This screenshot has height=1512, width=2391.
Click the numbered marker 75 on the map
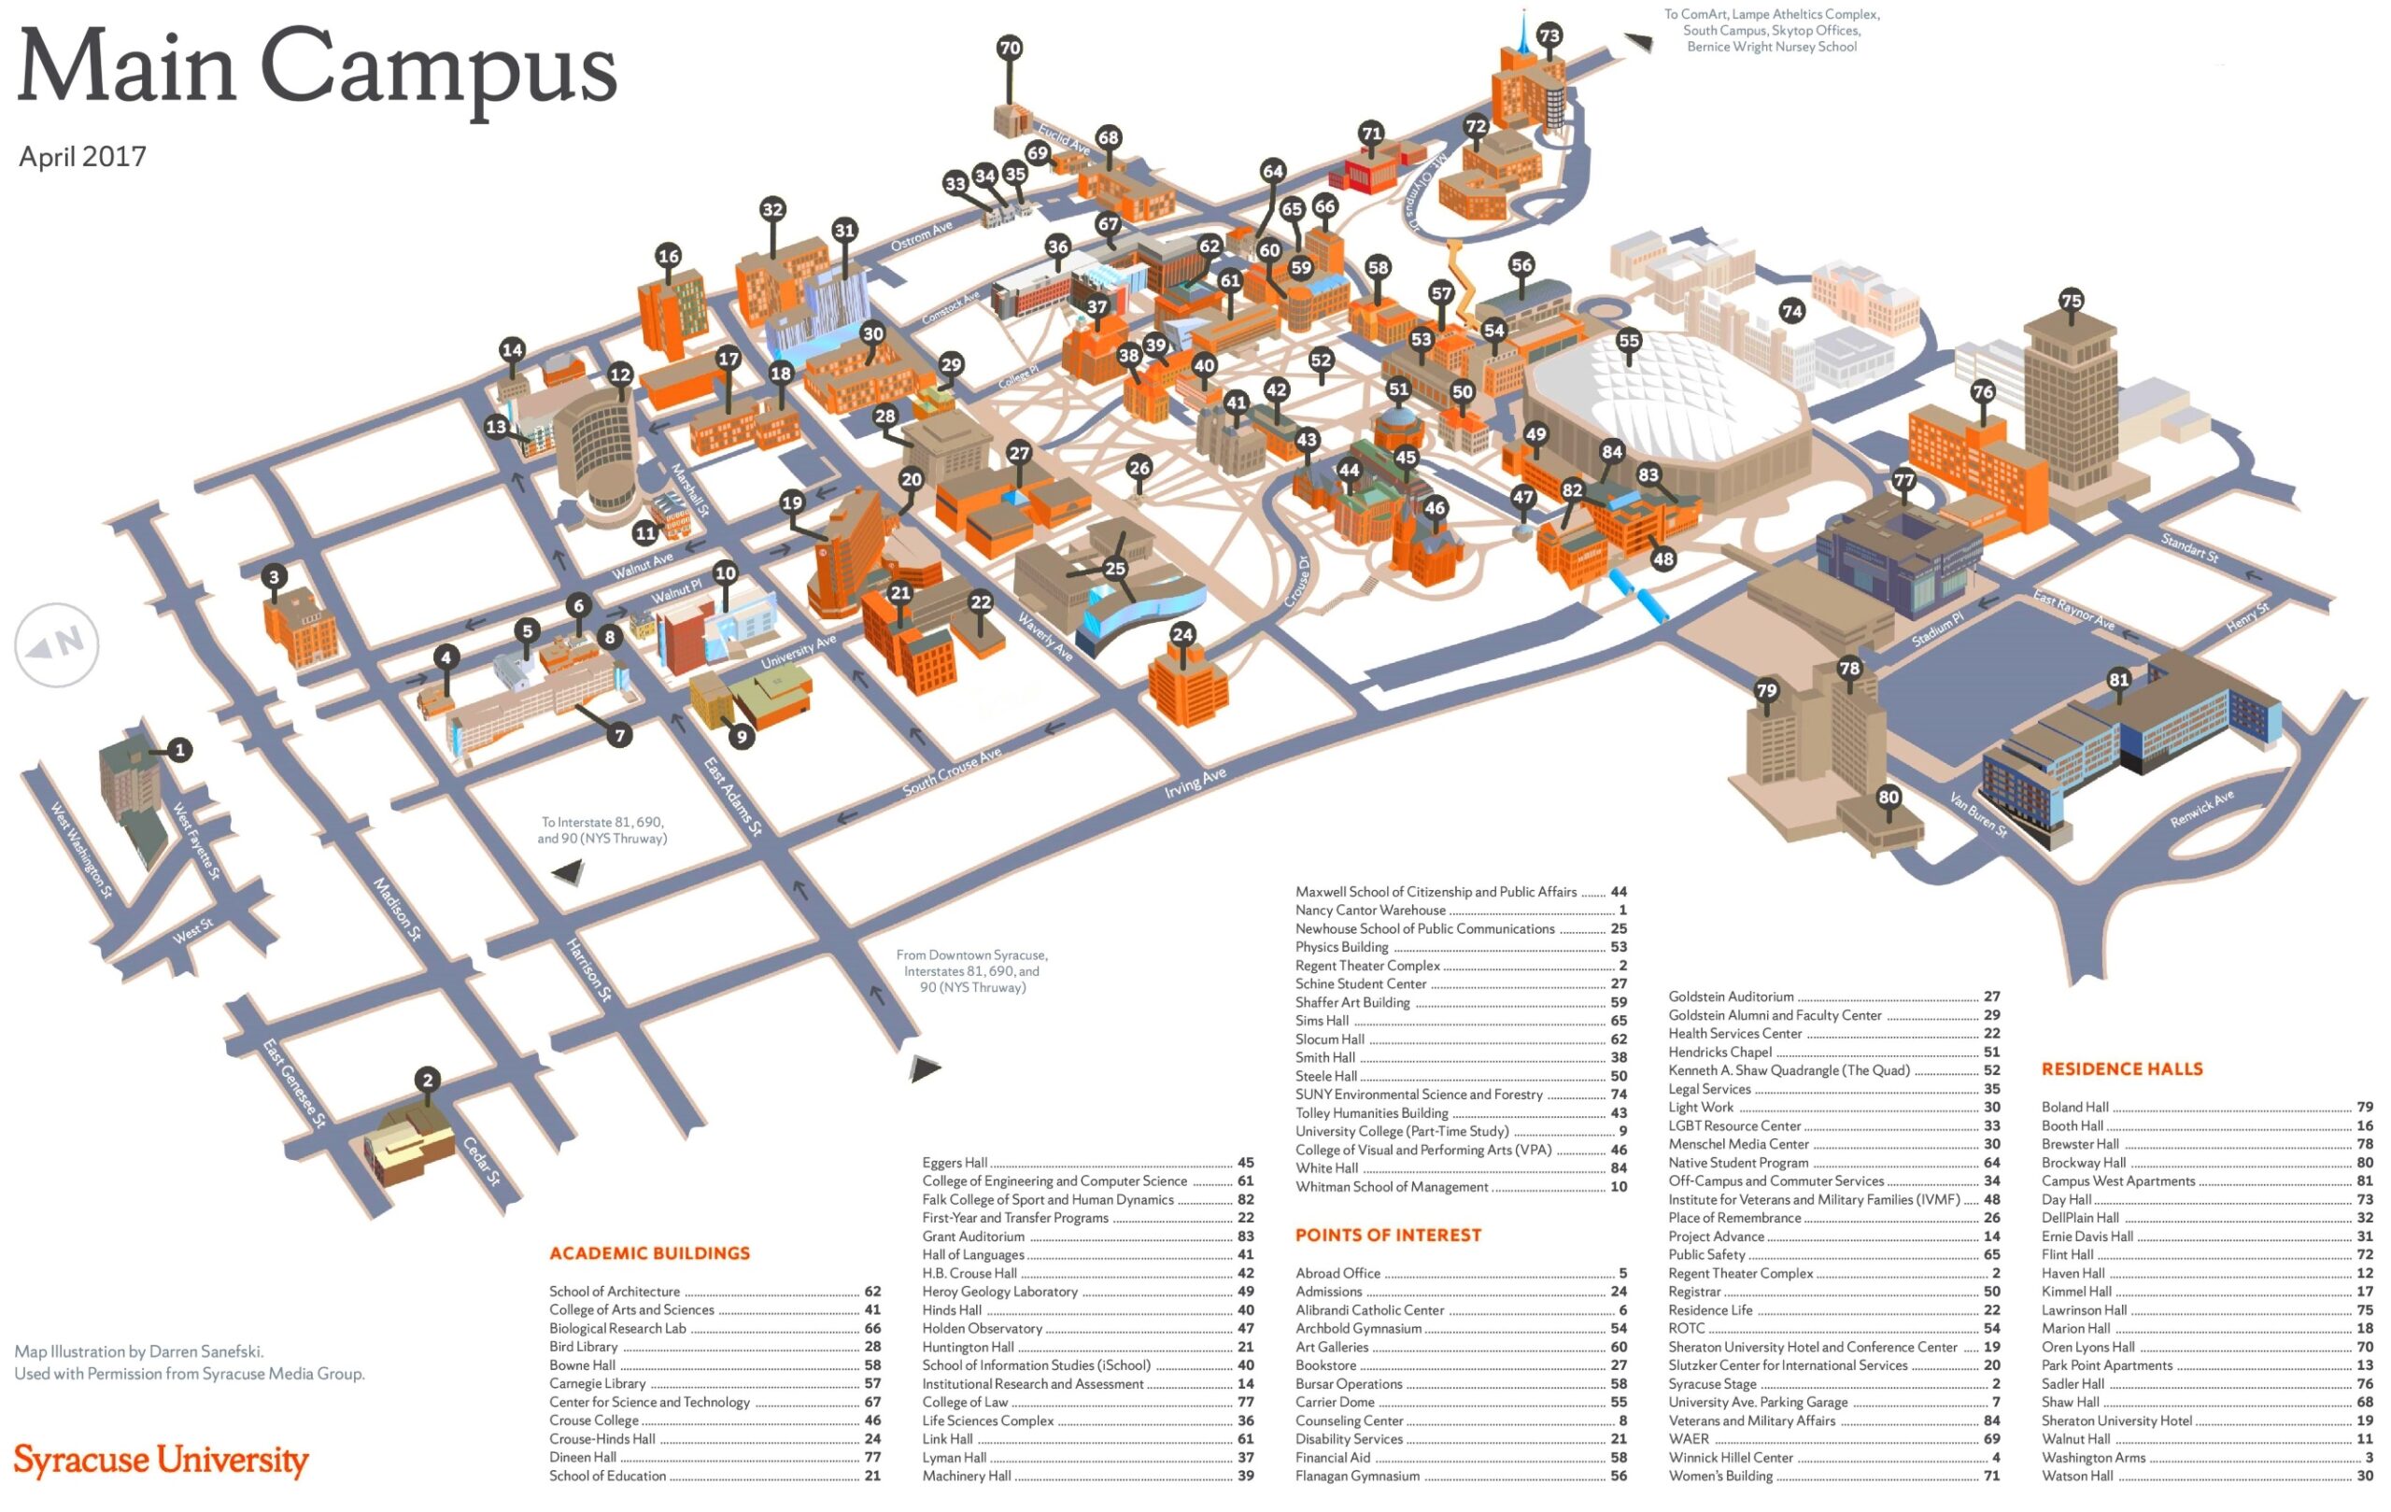(2071, 301)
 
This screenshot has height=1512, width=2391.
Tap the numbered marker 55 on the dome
(1629, 341)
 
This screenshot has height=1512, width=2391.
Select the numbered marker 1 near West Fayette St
(179, 750)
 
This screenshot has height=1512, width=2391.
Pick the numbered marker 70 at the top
(1009, 48)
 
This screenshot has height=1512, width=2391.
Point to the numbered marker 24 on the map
(1181, 634)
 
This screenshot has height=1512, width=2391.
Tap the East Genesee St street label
(294, 1082)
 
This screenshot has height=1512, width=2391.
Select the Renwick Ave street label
(2201, 809)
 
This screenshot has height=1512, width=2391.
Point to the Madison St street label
(397, 909)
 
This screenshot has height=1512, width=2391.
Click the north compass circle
(57, 644)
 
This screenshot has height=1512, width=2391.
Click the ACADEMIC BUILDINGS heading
(649, 1253)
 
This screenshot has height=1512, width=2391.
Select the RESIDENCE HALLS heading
(2122, 1069)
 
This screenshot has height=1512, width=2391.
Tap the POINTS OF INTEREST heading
(1387, 1235)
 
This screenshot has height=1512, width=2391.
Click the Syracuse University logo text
(161, 1460)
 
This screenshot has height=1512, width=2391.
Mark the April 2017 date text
(82, 157)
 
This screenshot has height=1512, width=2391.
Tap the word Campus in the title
(438, 67)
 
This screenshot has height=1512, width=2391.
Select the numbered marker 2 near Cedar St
(428, 1081)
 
